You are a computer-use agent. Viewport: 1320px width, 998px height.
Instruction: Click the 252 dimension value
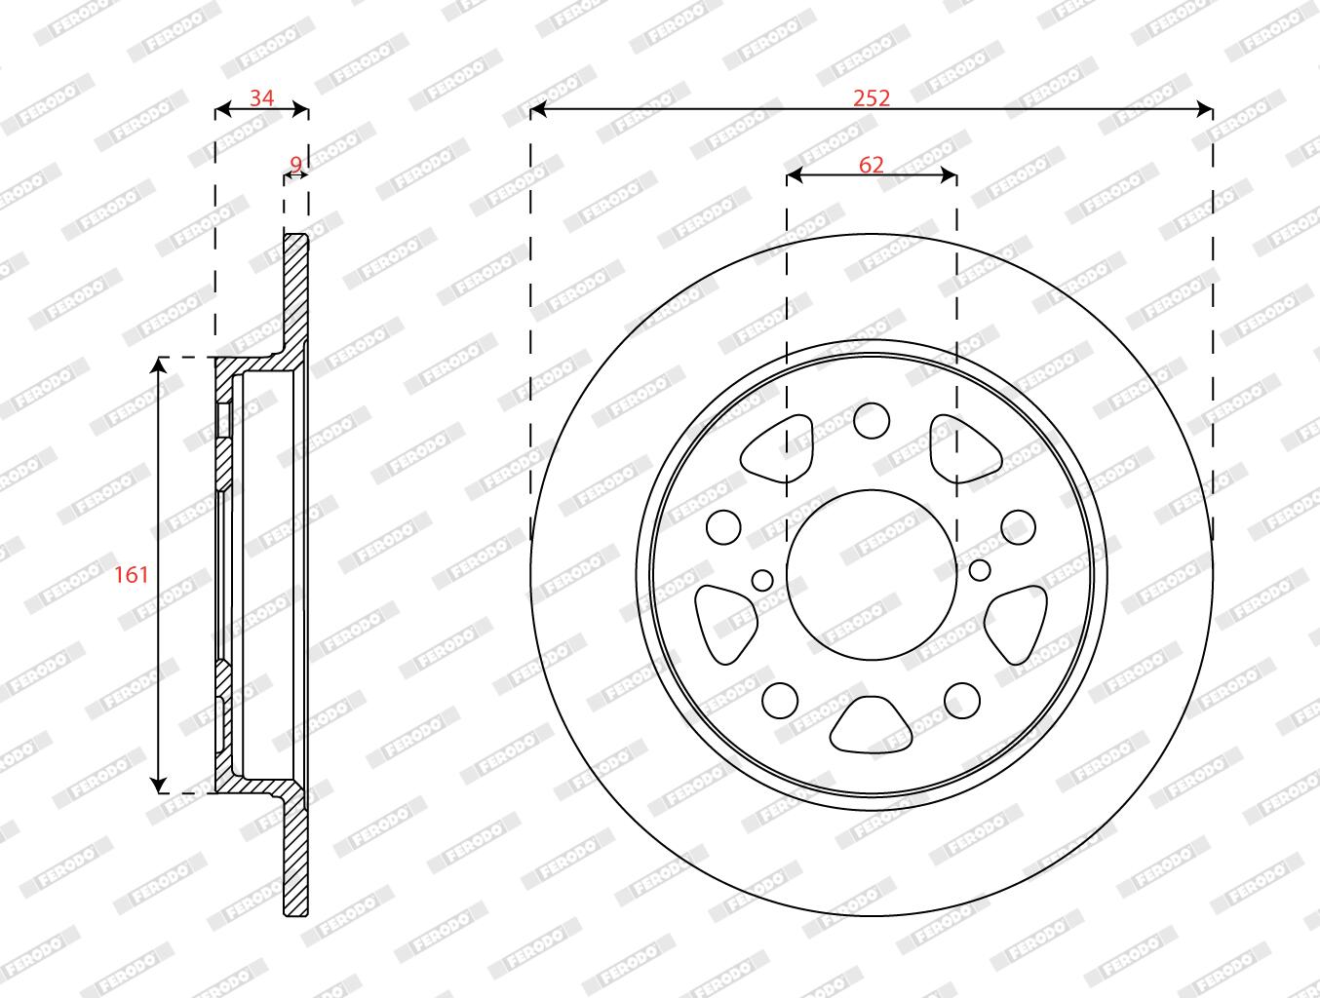872,97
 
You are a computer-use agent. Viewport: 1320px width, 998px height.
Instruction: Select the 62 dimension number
872,164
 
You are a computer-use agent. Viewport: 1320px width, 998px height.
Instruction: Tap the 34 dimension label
261,97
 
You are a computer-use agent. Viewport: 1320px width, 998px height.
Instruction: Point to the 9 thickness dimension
295,164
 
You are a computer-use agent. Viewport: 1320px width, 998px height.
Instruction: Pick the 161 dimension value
131,575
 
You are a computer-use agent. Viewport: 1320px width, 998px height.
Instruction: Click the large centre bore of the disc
872,575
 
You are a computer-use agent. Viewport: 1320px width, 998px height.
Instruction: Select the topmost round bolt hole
872,420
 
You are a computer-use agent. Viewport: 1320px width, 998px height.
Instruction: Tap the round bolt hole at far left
723,527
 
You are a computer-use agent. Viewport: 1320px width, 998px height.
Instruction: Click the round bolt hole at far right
1018,527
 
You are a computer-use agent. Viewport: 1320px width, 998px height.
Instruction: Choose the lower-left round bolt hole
780,701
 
